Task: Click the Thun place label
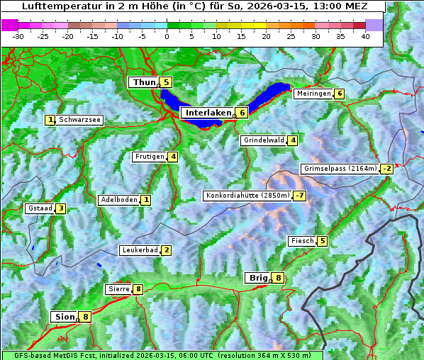click(x=144, y=82)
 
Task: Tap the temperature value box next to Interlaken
click(x=242, y=113)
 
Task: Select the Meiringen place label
click(x=313, y=94)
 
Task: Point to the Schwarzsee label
click(x=80, y=120)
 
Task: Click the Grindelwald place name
click(x=264, y=140)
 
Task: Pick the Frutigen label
click(x=149, y=157)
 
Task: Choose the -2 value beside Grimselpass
click(x=386, y=169)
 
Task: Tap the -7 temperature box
click(x=300, y=196)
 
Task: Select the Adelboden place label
click(x=118, y=200)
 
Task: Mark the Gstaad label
click(x=40, y=208)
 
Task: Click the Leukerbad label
click(x=139, y=250)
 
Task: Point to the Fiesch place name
click(x=301, y=241)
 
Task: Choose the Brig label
click(x=257, y=278)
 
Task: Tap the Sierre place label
click(x=118, y=289)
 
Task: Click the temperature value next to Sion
click(x=86, y=317)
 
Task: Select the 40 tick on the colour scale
click(x=365, y=35)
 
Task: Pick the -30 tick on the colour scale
click(x=18, y=35)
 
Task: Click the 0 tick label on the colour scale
click(x=167, y=35)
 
